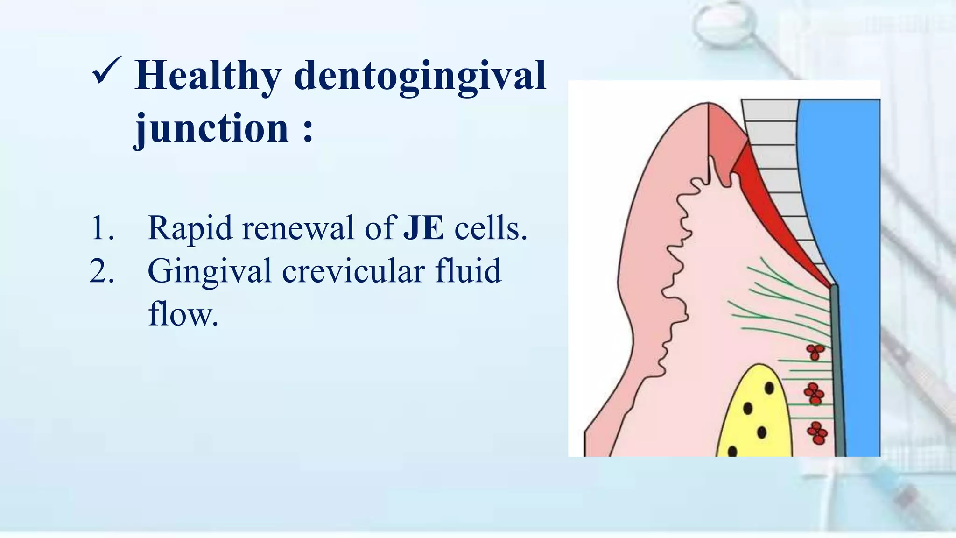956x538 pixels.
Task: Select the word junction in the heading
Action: [211, 128]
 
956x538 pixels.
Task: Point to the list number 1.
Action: [101, 228]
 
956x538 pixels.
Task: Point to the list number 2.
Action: [101, 271]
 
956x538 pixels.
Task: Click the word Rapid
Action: [190, 228]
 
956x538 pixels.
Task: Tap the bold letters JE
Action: [423, 228]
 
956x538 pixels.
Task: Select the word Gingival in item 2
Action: [209, 271]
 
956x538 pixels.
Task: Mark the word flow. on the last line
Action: [183, 314]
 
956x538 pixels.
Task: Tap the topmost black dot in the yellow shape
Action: [769, 388]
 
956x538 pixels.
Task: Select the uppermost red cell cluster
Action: [815, 352]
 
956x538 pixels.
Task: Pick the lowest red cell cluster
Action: [817, 433]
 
